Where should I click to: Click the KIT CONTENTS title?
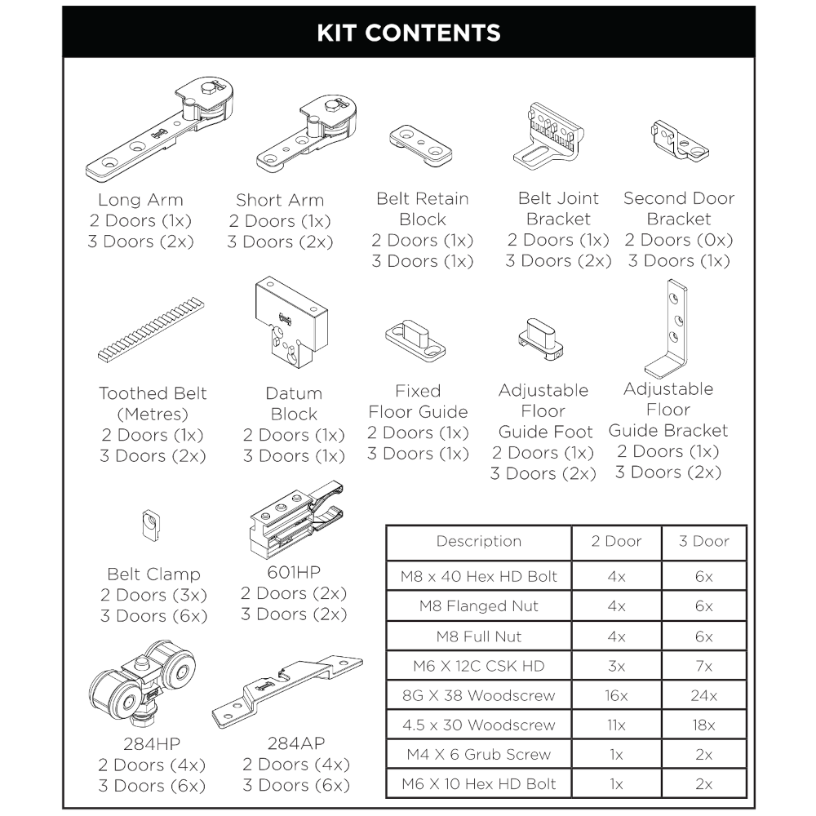(x=408, y=33)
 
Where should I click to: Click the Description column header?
(x=478, y=541)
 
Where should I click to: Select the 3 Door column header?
(x=703, y=541)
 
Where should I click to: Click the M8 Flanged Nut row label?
(x=478, y=606)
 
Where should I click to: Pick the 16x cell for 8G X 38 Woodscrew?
(x=616, y=695)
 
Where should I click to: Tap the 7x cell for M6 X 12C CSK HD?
(x=703, y=666)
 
